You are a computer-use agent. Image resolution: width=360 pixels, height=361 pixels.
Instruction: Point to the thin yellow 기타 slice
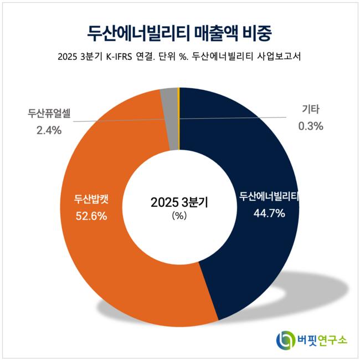point(178,111)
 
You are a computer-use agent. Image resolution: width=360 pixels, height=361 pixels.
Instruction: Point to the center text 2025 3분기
point(180,202)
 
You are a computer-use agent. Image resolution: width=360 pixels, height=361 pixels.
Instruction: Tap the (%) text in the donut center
point(180,217)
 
